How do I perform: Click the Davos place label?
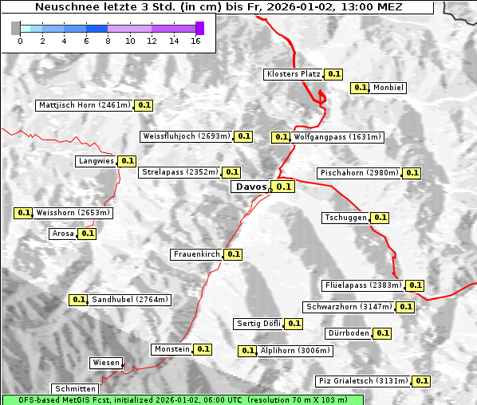coord(250,187)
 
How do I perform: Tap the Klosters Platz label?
coord(293,74)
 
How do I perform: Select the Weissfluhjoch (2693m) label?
coord(186,136)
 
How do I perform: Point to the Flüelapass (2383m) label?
coord(363,285)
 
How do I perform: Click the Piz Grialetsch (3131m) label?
coord(363,380)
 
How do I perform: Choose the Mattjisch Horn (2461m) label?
coord(84,104)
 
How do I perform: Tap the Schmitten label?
coord(77,389)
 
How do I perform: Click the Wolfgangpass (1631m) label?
coord(338,137)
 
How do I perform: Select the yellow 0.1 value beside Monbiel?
coord(361,88)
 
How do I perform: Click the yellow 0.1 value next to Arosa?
coord(88,234)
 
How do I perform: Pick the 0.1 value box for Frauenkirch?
coord(233,254)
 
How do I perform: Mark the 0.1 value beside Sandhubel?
coord(78,300)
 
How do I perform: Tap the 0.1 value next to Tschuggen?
coord(380,218)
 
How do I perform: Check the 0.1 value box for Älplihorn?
coord(247,350)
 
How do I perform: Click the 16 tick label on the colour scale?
coord(196,41)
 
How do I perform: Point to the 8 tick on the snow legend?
coord(108,41)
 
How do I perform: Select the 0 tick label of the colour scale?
coord(19,41)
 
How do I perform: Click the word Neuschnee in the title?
coord(65,8)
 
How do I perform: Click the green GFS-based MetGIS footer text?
coord(182,399)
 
